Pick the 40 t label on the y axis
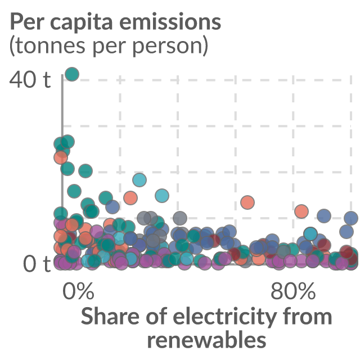click(30, 79)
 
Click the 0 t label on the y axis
click(37, 264)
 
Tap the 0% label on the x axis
click(78, 291)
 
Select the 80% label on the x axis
click(293, 291)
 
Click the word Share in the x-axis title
click(110, 316)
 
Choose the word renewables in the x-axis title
click(206, 339)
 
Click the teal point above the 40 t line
click(72, 74)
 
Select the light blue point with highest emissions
click(139, 180)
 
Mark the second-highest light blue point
click(162, 196)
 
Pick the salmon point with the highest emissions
click(61, 157)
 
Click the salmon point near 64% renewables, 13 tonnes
click(247, 202)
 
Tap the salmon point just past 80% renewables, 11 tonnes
click(301, 211)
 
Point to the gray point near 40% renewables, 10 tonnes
click(180, 218)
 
